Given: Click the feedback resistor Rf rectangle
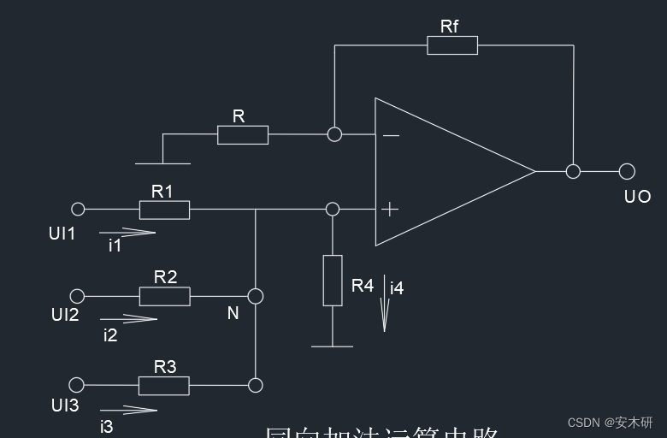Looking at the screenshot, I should pyautogui.click(x=452, y=45).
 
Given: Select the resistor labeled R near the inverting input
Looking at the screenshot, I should pyautogui.click(x=243, y=134).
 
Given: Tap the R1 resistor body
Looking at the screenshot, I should pyautogui.click(x=164, y=210).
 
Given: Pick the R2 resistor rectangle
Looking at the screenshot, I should pyautogui.click(x=164, y=296).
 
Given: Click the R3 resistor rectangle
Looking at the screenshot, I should pyautogui.click(x=164, y=386).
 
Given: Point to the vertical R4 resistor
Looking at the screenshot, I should pyautogui.click(x=333, y=280).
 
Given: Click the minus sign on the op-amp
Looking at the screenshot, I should pyautogui.click(x=390, y=135).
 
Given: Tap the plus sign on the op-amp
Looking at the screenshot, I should pyautogui.click(x=390, y=209).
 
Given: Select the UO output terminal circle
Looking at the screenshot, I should pyautogui.click(x=627, y=171).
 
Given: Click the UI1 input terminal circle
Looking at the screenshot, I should pyautogui.click(x=78, y=209).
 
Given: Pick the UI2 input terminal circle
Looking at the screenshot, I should pyautogui.click(x=78, y=296).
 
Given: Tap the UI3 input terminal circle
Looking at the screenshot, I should pyautogui.click(x=78, y=385).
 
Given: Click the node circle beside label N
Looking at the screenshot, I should pyautogui.click(x=255, y=296).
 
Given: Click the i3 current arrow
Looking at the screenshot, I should pyautogui.click(x=128, y=410).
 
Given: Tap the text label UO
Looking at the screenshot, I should pyautogui.click(x=637, y=197).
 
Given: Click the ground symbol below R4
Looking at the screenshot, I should pyautogui.click(x=332, y=346).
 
